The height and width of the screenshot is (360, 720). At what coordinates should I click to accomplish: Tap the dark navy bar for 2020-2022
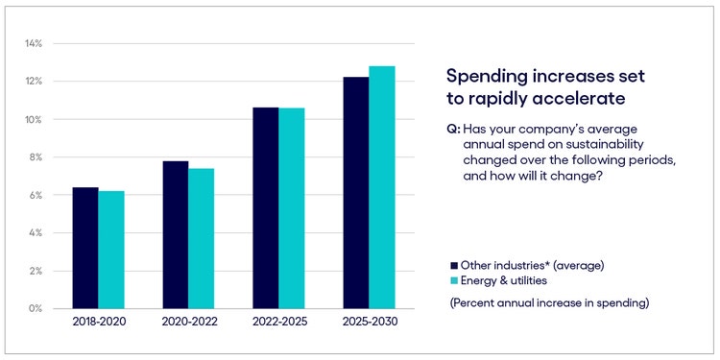coord(175,234)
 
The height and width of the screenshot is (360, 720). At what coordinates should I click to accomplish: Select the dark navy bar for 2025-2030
coord(355,192)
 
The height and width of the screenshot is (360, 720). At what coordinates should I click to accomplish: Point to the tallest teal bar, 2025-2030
coord(382,187)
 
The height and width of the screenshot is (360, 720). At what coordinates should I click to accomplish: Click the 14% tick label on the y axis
coord(34,44)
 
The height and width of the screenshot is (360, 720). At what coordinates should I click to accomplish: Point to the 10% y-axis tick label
coord(34,120)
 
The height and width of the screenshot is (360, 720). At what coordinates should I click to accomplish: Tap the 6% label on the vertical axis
coord(36,195)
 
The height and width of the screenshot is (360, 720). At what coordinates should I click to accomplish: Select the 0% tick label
coord(36,309)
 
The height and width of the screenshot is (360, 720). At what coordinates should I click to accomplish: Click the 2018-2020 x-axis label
coord(98,323)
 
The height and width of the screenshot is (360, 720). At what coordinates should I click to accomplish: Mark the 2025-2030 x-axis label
coord(369,323)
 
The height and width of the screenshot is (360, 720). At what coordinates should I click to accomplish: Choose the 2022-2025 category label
coord(278,323)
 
